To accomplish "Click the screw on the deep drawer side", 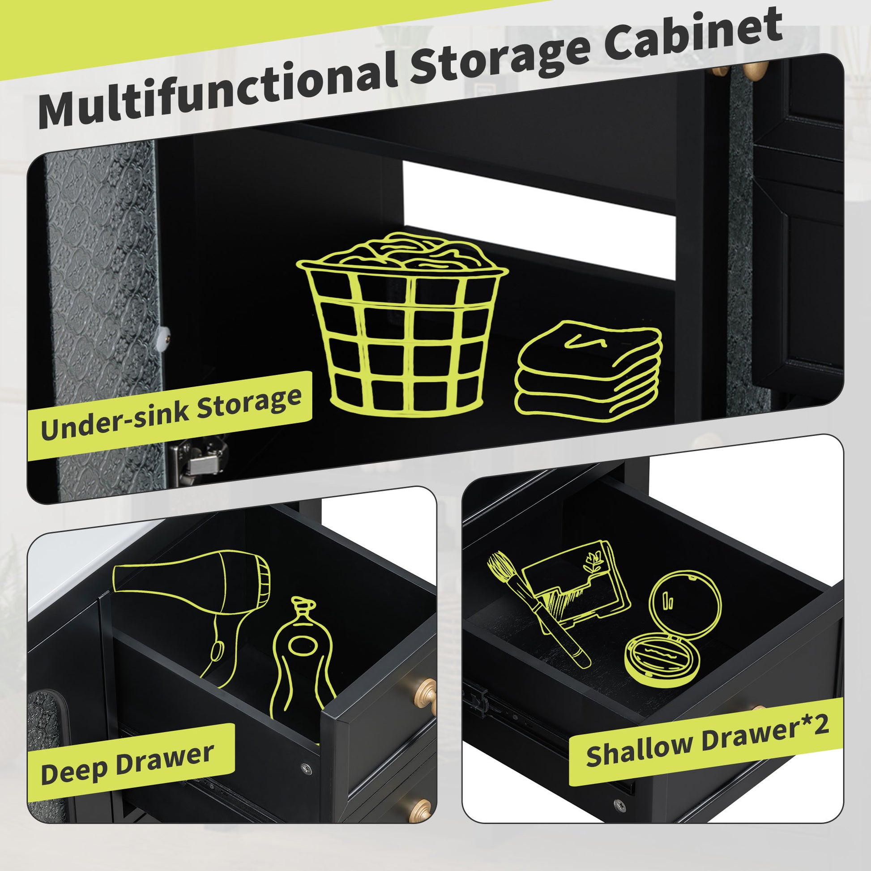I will [x=306, y=767].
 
